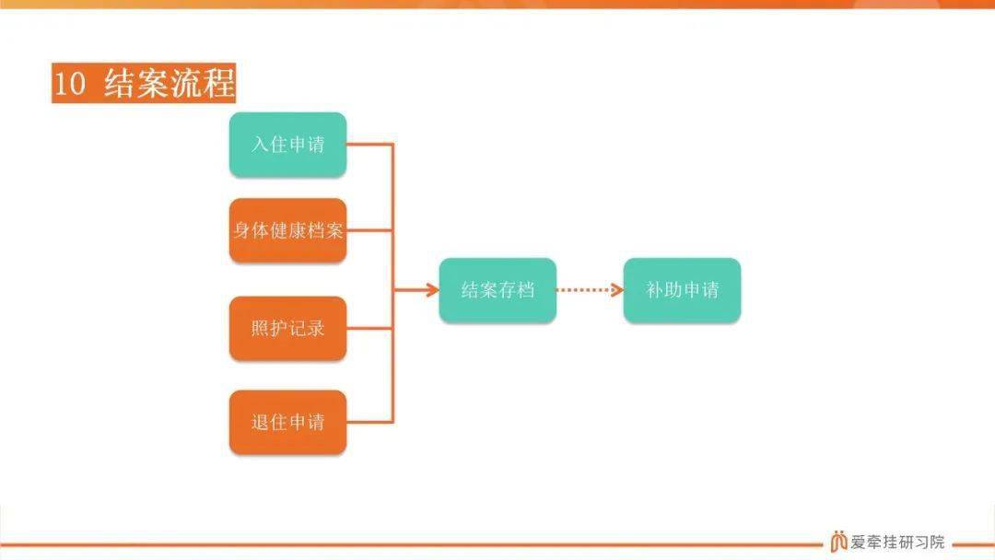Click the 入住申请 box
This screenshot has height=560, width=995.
(287, 145)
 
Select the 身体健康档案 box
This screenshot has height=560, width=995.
(287, 230)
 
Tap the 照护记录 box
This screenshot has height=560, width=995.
(287, 329)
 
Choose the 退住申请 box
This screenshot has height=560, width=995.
(287, 423)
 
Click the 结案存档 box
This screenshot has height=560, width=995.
(497, 290)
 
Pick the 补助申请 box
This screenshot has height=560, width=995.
(682, 290)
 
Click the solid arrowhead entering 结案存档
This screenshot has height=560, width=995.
(433, 290)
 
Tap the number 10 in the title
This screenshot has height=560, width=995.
(69, 84)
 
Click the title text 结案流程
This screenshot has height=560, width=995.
(170, 83)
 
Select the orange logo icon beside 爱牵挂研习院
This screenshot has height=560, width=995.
(838, 541)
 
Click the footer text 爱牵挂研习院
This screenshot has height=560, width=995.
(897, 542)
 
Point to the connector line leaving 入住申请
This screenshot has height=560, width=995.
(370, 145)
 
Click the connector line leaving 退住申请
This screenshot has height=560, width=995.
(370, 423)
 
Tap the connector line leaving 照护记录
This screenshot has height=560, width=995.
(370, 329)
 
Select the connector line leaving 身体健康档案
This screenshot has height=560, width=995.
(370, 230)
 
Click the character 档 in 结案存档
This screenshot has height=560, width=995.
(525, 290)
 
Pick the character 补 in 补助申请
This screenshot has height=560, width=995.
(654, 290)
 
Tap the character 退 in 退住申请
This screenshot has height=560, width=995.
(260, 423)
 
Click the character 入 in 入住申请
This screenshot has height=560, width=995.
(260, 145)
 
